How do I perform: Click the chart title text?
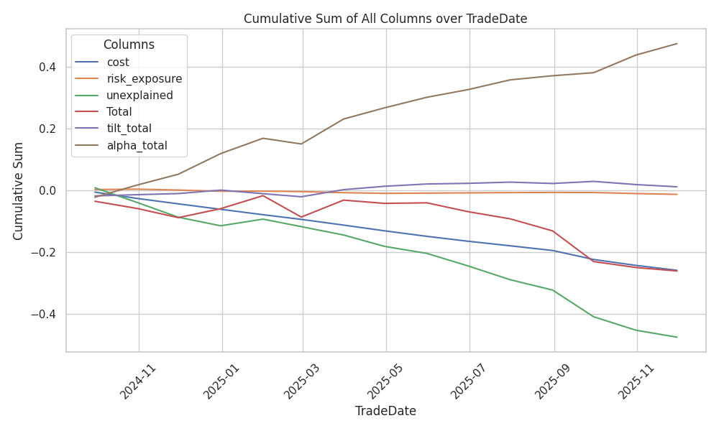tap(385, 19)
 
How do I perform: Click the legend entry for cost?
tap(118, 62)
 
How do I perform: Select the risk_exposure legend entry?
tap(144, 79)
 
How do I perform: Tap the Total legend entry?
tap(119, 112)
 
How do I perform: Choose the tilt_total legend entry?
tap(131, 129)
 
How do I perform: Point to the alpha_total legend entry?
tap(137, 145)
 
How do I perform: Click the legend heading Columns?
tap(129, 45)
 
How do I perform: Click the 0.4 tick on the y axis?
tap(47, 68)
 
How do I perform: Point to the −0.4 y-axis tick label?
tap(44, 315)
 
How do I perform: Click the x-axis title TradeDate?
tap(385, 412)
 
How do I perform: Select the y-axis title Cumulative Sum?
tap(19, 190)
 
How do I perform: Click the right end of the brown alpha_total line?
tap(677, 44)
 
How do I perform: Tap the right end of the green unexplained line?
tap(677, 337)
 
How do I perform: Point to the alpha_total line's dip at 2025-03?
tap(301, 144)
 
